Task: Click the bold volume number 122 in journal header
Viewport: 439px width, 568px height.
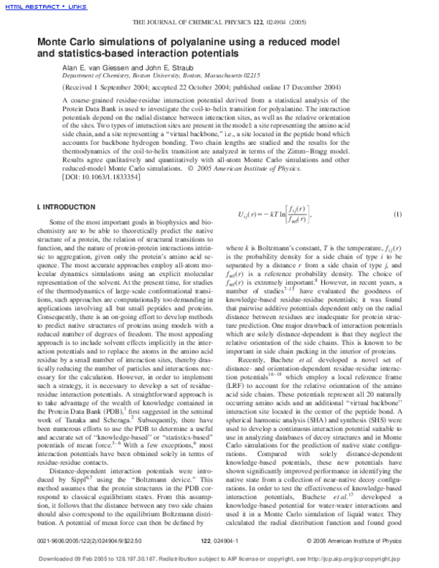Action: point(281,24)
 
